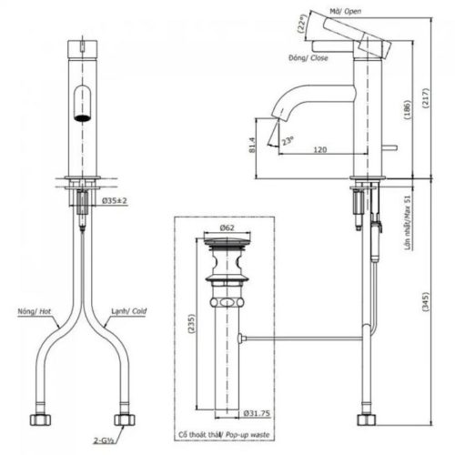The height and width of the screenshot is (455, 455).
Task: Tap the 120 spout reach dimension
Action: point(318,149)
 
